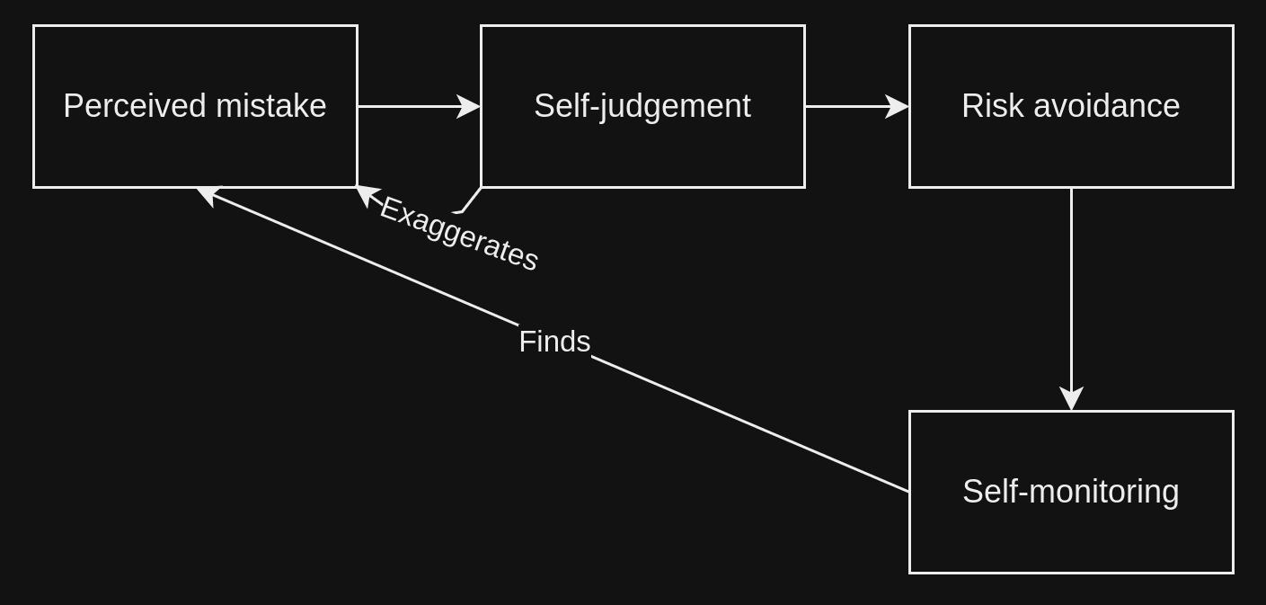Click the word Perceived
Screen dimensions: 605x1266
(x=135, y=106)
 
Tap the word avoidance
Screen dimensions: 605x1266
(x=1107, y=106)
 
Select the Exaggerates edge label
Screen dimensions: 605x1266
(x=459, y=234)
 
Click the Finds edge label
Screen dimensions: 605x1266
(x=554, y=342)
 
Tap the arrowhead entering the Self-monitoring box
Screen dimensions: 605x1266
(x=1071, y=398)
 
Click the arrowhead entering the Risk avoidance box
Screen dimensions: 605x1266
(x=897, y=106)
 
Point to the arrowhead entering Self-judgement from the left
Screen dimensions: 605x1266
(x=468, y=106)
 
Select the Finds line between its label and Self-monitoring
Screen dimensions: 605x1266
(x=750, y=424)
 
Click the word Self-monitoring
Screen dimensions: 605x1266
(x=1071, y=492)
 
